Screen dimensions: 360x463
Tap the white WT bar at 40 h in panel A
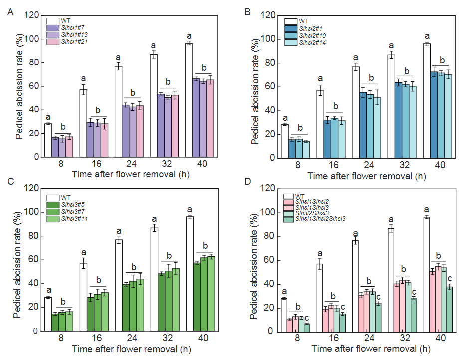click(x=189, y=100)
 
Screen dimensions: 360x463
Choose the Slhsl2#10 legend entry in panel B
click(x=312, y=36)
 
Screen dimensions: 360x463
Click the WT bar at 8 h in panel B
click(x=284, y=141)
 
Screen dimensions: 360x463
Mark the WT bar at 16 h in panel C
click(x=84, y=297)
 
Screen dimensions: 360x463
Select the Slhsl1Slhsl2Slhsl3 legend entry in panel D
click(x=321, y=219)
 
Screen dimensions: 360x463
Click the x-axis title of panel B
click(x=367, y=176)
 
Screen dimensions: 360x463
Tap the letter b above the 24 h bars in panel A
click(x=133, y=93)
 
